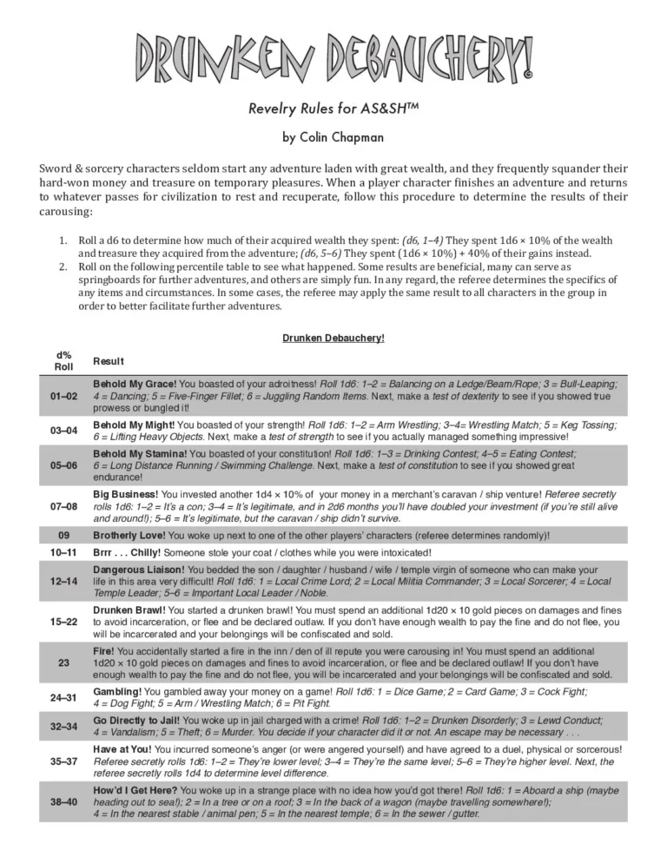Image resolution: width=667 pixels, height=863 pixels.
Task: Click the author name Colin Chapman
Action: [x=333, y=136]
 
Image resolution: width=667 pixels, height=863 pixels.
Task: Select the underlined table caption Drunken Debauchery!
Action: [x=333, y=338]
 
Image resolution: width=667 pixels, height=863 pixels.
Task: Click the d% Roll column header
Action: [x=63, y=360]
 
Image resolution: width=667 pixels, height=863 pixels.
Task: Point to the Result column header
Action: [x=109, y=361]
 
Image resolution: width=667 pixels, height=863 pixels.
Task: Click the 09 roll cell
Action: [x=63, y=535]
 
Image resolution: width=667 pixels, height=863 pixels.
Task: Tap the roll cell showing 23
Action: [x=63, y=662]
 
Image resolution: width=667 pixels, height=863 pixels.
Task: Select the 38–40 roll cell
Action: [x=63, y=801]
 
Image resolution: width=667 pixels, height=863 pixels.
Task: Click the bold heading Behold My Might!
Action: [x=133, y=425]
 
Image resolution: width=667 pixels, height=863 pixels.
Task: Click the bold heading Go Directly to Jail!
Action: [x=137, y=721]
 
